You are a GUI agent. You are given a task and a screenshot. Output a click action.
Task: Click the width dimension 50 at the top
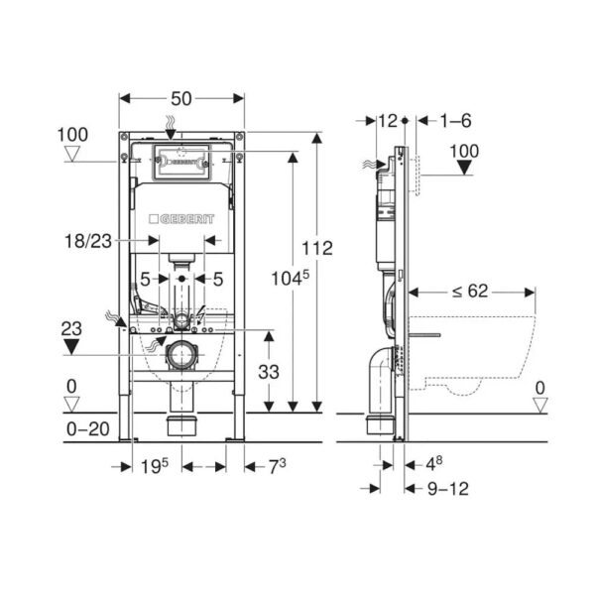pyautogui.click(x=181, y=99)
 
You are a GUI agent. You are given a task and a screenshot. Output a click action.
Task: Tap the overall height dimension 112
pyautogui.click(x=317, y=249)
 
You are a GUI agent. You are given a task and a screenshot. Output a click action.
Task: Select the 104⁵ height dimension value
pyautogui.click(x=290, y=278)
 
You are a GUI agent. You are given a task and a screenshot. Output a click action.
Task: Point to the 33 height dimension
pyautogui.click(x=269, y=372)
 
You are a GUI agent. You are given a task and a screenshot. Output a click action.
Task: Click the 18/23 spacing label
pyautogui.click(x=88, y=241)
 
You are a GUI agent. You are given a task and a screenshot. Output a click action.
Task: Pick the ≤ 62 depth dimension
pyautogui.click(x=470, y=291)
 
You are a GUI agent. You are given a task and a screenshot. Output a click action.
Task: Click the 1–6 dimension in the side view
pyautogui.click(x=455, y=121)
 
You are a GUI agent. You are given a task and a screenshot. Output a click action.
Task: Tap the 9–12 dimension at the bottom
pyautogui.click(x=448, y=489)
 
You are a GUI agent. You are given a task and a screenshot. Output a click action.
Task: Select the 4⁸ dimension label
pyautogui.click(x=433, y=464)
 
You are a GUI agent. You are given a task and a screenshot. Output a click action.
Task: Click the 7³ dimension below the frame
pyautogui.click(x=278, y=466)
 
